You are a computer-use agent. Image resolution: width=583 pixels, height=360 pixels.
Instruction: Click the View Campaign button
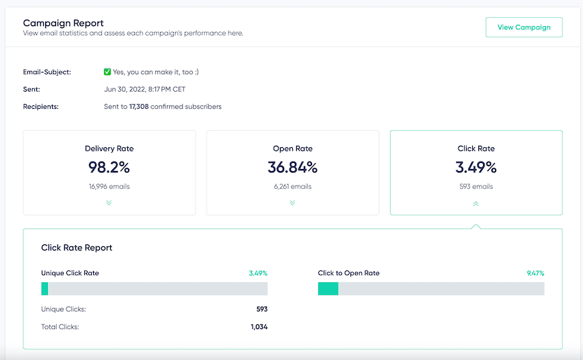click(523, 27)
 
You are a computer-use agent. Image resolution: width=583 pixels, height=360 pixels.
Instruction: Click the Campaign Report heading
click(64, 23)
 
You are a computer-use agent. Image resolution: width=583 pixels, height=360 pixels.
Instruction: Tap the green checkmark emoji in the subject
click(107, 72)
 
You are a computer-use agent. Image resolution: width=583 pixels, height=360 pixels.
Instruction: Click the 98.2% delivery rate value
click(109, 167)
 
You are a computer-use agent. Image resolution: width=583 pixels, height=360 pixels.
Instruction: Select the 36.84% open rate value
click(292, 167)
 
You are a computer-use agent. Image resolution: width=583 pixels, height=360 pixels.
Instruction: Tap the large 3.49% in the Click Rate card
click(476, 167)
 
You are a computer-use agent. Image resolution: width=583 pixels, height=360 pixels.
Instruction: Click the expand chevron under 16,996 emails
click(109, 203)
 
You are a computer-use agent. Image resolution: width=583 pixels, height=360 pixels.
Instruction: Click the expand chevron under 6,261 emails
click(292, 203)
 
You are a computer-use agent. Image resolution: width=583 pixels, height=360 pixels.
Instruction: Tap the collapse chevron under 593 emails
click(476, 203)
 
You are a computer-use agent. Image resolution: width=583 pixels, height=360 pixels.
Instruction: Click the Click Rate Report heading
click(77, 248)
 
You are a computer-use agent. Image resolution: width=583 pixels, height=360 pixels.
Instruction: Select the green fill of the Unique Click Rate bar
click(44, 289)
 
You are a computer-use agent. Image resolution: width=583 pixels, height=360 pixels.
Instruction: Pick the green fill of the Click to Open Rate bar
click(328, 289)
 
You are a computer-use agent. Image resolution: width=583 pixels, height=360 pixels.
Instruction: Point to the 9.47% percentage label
click(535, 273)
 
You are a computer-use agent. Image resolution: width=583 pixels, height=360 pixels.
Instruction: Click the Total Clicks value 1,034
click(259, 327)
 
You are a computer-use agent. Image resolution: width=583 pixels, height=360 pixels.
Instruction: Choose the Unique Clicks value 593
click(261, 309)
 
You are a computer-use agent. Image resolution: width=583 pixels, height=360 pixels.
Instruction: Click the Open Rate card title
click(292, 149)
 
